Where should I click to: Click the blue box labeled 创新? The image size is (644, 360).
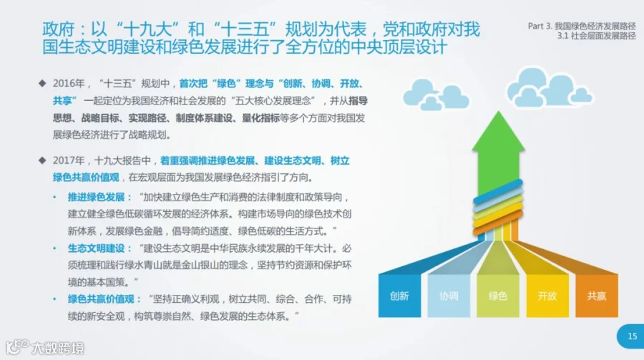[399, 296]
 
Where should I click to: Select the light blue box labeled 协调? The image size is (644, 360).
[449, 296]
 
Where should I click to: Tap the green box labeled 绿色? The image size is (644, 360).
[498, 296]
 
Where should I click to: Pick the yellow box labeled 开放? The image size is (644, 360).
[547, 296]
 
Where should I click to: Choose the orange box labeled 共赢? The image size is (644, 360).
[597, 296]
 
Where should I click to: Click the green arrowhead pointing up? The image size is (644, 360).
[499, 132]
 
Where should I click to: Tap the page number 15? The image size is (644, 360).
[632, 336]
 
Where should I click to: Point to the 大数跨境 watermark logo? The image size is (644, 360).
[45, 348]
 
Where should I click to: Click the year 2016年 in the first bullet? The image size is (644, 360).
[69, 84]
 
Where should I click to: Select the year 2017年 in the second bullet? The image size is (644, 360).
[69, 160]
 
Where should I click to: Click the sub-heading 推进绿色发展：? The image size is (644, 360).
[99, 198]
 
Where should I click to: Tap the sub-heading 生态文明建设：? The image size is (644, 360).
[99, 248]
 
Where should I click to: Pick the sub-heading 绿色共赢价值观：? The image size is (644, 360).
[104, 299]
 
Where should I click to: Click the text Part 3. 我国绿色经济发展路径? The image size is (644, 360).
[582, 26]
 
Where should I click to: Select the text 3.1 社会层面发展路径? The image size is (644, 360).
[596, 36]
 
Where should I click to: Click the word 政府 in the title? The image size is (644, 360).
[59, 29]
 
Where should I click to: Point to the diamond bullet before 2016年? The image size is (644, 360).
[42, 84]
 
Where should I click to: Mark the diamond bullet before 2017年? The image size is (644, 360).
[42, 160]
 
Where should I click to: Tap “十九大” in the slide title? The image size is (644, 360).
[147, 29]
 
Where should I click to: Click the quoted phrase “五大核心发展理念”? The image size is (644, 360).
[273, 101]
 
